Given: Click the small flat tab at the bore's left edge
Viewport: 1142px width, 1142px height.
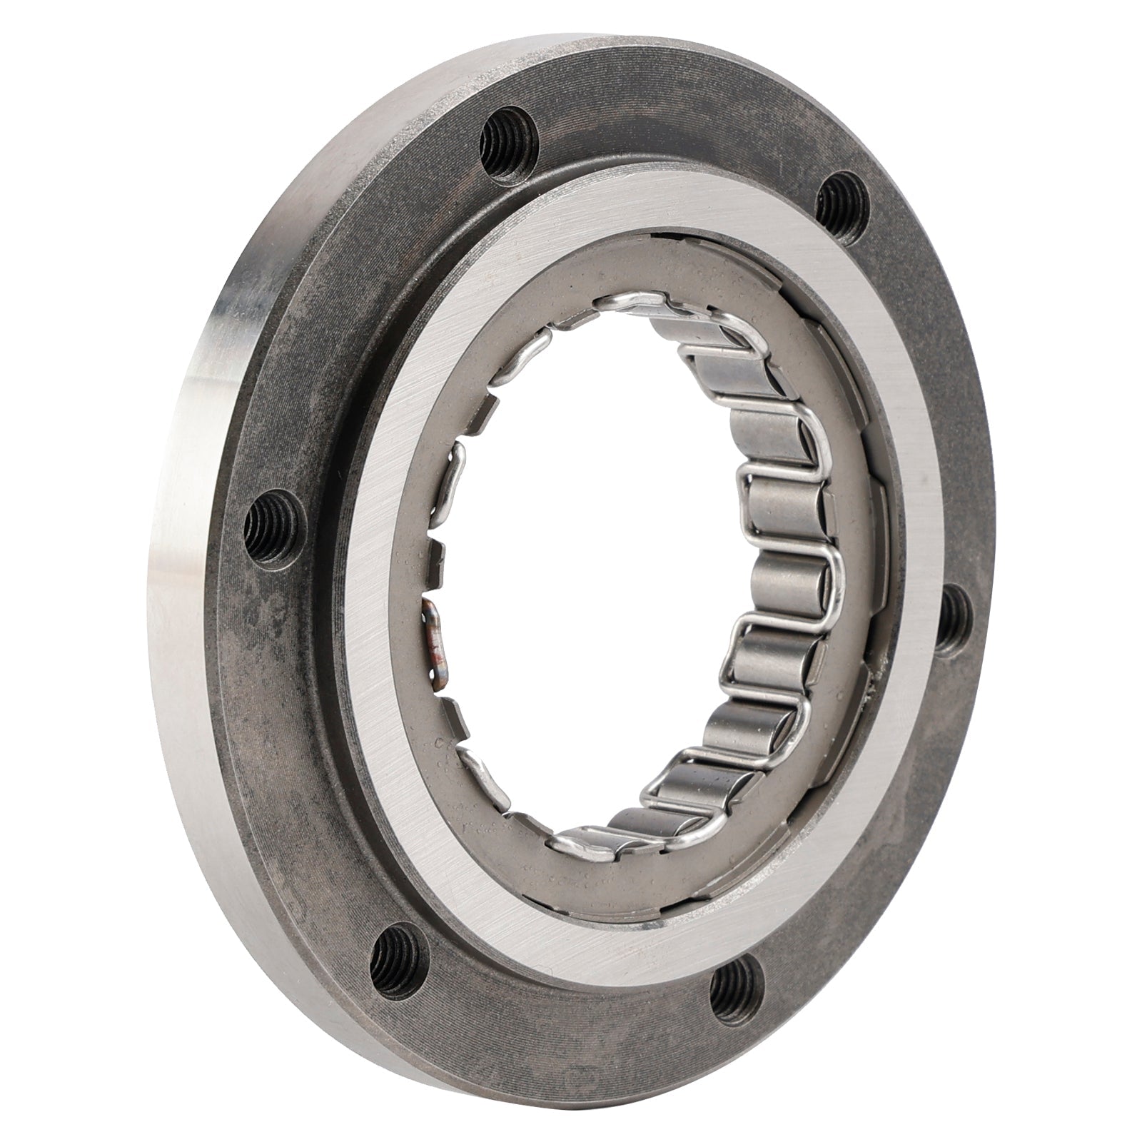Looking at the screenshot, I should coord(457,457).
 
